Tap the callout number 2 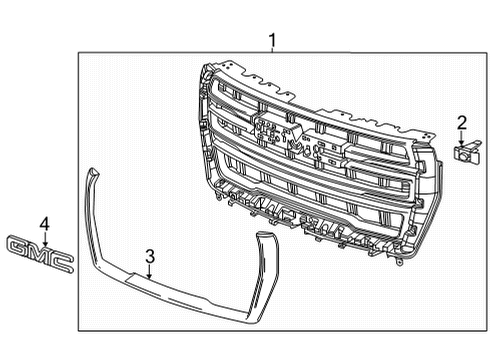coord(461,124)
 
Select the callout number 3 coord(149,257)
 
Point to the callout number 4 coord(44,222)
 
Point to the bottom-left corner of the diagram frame coord(79,331)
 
